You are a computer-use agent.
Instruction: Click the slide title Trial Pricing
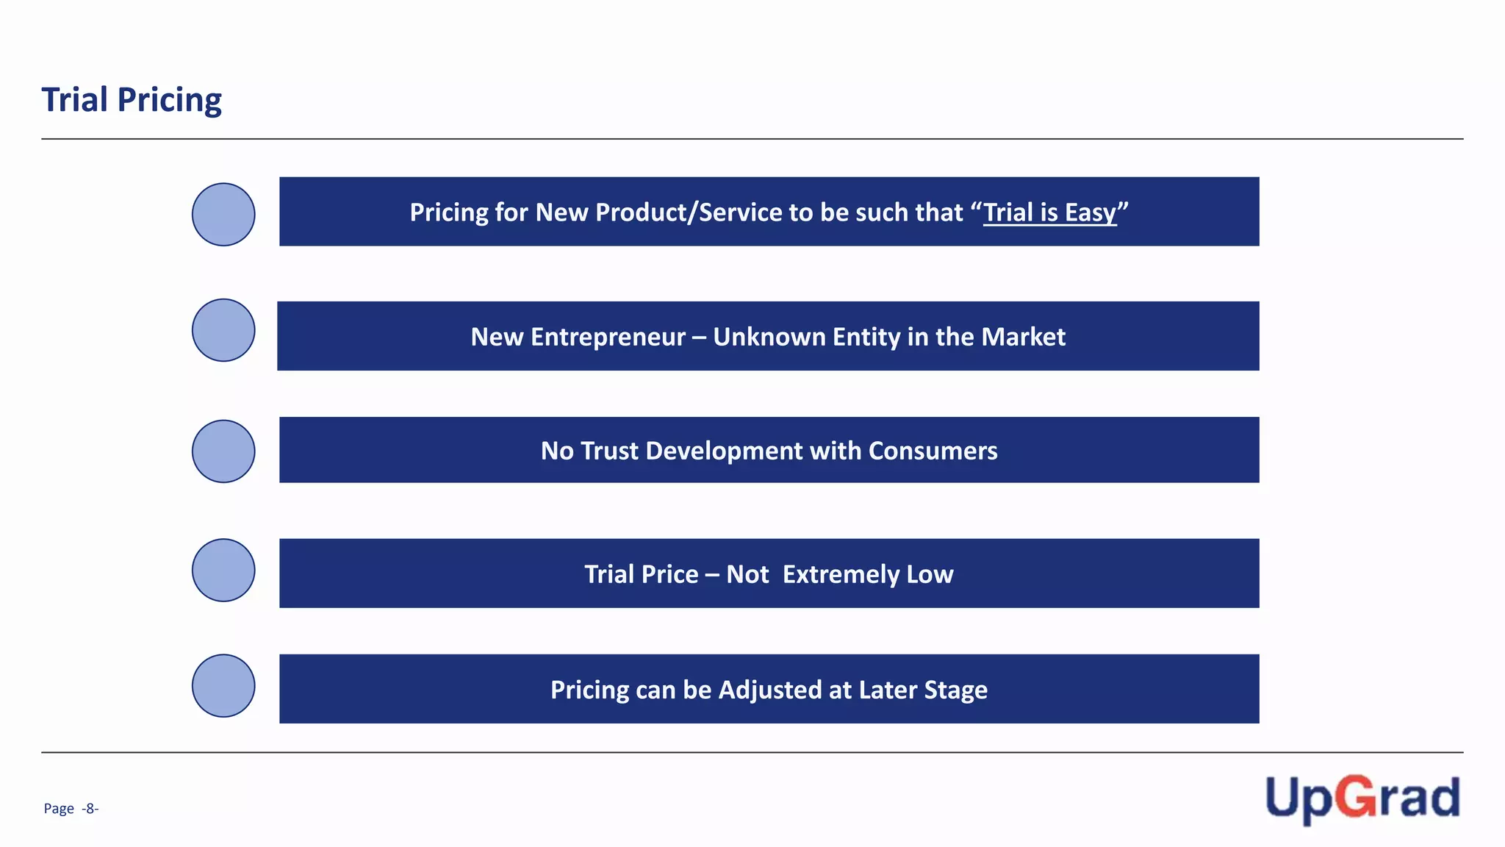click(x=132, y=99)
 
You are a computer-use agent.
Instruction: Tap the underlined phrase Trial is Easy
click(x=1049, y=212)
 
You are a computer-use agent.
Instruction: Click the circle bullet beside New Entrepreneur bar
click(x=223, y=330)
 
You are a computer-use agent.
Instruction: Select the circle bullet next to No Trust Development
click(x=223, y=451)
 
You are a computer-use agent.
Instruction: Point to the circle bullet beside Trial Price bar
click(x=223, y=571)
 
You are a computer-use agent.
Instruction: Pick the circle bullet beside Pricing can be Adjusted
click(x=223, y=686)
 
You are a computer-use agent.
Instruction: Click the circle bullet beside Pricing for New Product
click(x=223, y=215)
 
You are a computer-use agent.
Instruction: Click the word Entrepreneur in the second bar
click(x=608, y=337)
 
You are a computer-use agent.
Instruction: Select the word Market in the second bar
click(x=1023, y=337)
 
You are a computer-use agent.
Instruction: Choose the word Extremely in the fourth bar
click(x=841, y=574)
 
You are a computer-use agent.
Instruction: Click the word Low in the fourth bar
click(x=930, y=574)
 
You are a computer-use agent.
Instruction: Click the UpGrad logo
click(x=1362, y=798)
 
